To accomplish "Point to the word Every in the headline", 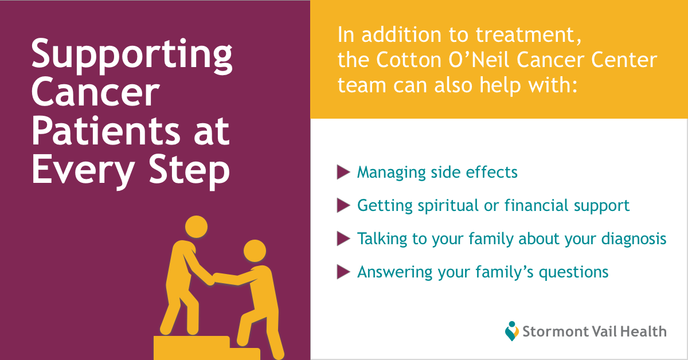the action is (x=83, y=170).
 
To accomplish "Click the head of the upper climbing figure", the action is (x=196, y=226).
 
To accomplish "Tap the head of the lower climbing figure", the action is (x=255, y=251).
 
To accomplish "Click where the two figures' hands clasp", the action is (x=213, y=279).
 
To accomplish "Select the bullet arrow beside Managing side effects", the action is (x=343, y=172).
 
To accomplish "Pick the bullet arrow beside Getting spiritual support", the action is (x=343, y=205).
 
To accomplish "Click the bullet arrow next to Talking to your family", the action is (x=343, y=238).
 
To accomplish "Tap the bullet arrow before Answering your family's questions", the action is (x=343, y=272).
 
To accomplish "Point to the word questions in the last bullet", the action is (x=573, y=272).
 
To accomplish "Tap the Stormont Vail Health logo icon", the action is (x=512, y=331).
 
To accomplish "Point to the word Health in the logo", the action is (x=643, y=331).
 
